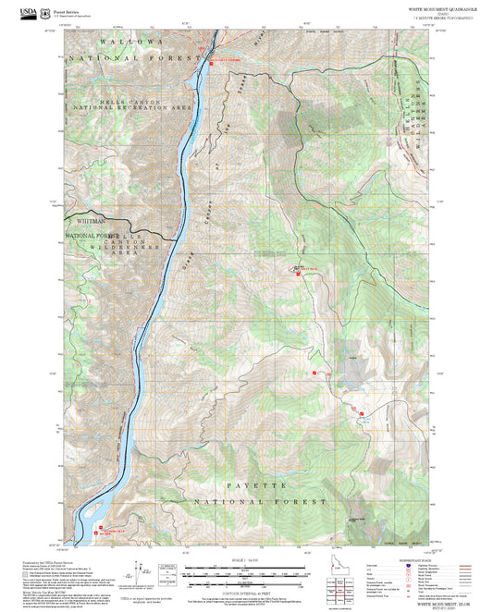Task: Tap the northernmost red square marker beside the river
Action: click(211, 62)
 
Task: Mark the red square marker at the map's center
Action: click(298, 273)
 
